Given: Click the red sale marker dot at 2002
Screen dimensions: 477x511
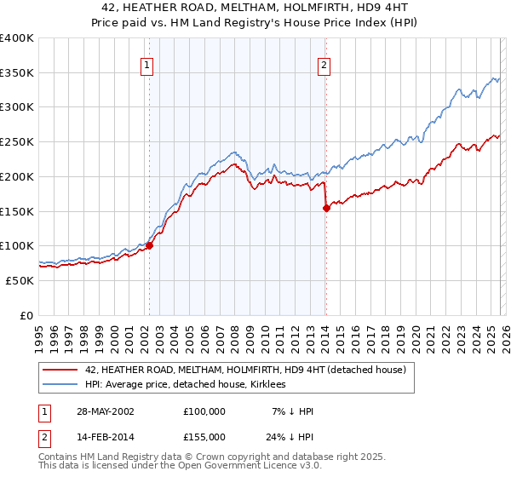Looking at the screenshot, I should pyautogui.click(x=149, y=245).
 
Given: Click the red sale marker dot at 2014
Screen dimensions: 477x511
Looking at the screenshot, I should pyautogui.click(x=325, y=207).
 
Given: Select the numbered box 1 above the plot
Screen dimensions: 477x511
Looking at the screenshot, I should pyautogui.click(x=147, y=64).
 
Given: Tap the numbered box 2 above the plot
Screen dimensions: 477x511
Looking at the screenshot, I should pyautogui.click(x=324, y=64).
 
